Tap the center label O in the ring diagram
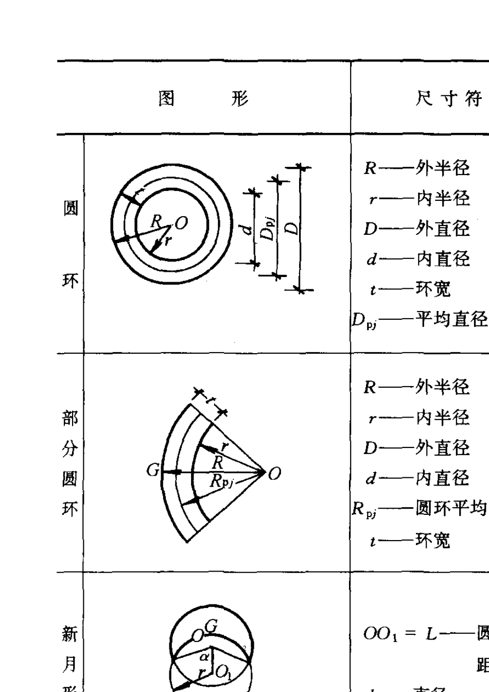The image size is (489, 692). coord(181,223)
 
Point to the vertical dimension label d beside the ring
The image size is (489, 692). coord(248,228)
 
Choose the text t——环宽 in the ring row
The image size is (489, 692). coord(410,289)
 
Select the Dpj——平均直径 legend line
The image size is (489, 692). coord(419,320)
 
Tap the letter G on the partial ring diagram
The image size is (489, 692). coord(153,470)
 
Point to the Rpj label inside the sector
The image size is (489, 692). coord(222,481)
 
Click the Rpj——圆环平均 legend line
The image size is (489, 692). coord(419,509)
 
